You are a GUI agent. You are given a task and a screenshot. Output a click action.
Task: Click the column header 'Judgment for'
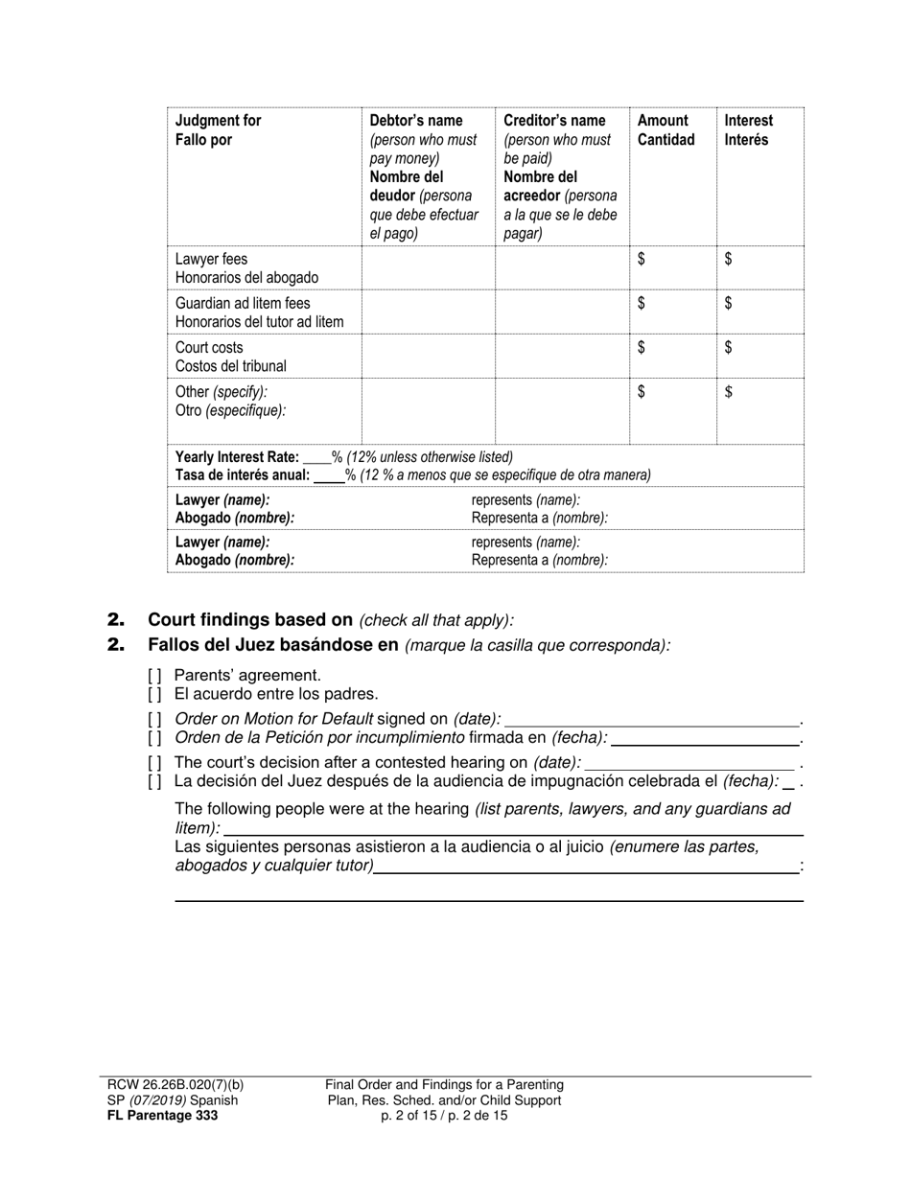218,121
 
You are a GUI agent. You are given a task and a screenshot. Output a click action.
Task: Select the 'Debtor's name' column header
416,121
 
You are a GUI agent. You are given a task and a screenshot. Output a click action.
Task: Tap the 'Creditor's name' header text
554,121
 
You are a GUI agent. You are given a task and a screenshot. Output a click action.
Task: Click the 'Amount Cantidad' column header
666,130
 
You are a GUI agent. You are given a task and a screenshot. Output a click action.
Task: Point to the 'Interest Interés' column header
748,130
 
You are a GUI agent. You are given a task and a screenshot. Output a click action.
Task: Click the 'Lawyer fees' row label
211,260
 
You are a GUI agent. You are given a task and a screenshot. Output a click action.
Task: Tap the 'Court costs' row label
209,348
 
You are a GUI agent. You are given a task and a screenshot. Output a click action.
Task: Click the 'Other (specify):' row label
222,392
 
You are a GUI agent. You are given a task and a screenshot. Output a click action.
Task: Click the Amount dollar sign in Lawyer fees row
642,259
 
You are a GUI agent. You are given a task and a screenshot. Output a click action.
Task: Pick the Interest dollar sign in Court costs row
729,347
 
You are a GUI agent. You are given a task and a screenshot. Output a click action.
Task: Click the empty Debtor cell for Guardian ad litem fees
428,312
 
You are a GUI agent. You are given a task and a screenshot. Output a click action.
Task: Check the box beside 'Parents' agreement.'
154,676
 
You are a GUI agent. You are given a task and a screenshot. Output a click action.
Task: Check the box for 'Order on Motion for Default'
154,719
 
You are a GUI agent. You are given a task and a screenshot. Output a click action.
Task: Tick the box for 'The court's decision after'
154,763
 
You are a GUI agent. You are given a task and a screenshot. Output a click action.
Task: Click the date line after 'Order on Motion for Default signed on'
651,719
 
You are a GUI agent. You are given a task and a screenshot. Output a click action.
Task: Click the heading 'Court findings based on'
250,619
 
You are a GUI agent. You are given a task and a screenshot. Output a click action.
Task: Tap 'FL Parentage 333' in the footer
162,1116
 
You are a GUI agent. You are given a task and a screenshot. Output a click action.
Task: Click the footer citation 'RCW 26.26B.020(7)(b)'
175,1085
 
